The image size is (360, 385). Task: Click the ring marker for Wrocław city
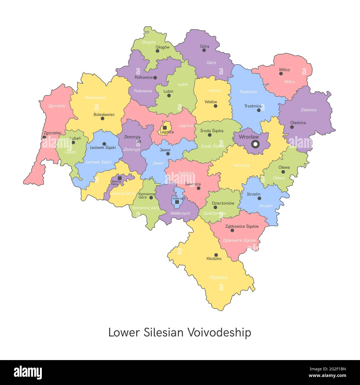click(x=255, y=144)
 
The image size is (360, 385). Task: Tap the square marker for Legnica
click(x=165, y=128)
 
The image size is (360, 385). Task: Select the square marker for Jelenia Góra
click(x=120, y=178)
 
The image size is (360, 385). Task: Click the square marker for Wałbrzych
click(x=177, y=202)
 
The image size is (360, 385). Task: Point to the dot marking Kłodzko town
click(x=216, y=255)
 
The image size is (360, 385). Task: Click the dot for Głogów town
click(x=157, y=51)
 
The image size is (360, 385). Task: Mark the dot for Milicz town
click(x=281, y=74)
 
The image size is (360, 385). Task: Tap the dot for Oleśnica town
click(x=292, y=127)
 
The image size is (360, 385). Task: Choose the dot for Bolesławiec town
click(x=102, y=119)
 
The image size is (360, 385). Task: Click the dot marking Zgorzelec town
click(x=44, y=137)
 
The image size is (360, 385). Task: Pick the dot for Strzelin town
click(x=259, y=198)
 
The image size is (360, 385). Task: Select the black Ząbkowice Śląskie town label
click(x=242, y=226)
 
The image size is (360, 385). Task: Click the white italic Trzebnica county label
click(x=248, y=92)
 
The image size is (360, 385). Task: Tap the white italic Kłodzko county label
click(x=218, y=277)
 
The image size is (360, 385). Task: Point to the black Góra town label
click(x=205, y=46)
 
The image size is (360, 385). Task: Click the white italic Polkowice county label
click(x=143, y=91)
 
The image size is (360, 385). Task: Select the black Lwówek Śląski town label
click(x=103, y=148)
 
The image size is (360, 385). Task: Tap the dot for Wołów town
click(x=215, y=106)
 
